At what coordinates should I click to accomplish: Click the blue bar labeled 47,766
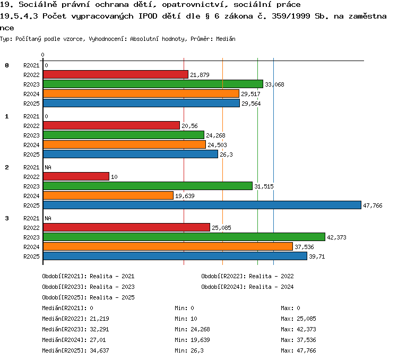pyautogui.click(x=202, y=205)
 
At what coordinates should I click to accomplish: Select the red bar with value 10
pyautogui.click(x=76, y=176)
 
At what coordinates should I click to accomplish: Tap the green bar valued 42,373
pyautogui.click(x=184, y=237)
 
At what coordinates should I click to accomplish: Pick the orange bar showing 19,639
pyautogui.click(x=108, y=195)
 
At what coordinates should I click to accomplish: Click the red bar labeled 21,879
pyautogui.click(x=116, y=74)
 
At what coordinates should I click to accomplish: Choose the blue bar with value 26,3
pyautogui.click(x=131, y=154)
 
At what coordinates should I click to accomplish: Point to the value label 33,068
pyautogui.click(x=274, y=84)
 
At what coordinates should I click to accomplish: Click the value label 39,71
pyautogui.click(x=317, y=256)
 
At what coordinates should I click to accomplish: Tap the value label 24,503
pyautogui.click(x=217, y=145)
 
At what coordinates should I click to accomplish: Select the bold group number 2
pyautogui.click(x=7, y=167)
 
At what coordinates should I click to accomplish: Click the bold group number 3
pyautogui.click(x=7, y=218)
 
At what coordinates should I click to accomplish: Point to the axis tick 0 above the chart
pyautogui.click(x=42, y=55)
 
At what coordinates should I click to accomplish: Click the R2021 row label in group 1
pyautogui.click(x=31, y=116)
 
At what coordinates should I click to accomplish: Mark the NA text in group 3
pyautogui.click(x=48, y=218)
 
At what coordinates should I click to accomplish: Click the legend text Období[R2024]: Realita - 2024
pyautogui.click(x=247, y=287)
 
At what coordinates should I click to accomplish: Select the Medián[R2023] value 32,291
pyautogui.click(x=99, y=329)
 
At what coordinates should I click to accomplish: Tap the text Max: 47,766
pyautogui.click(x=298, y=350)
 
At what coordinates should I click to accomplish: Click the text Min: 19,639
pyautogui.click(x=192, y=340)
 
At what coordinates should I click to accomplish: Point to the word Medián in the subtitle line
pyautogui.click(x=226, y=39)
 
